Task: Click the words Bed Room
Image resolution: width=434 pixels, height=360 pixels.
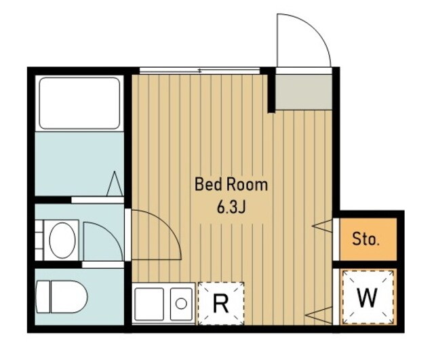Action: (231, 184)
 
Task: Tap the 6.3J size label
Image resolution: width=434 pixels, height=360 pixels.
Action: (231, 208)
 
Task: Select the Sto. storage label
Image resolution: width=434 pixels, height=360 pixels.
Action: (365, 239)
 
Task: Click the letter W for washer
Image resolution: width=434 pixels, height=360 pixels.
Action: (368, 298)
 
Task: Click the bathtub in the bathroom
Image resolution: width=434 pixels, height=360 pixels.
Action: (79, 103)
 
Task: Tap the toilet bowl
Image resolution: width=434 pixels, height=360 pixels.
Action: (68, 297)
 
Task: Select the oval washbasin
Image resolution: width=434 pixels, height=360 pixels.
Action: (62, 240)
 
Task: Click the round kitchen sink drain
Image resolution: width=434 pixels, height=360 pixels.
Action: (181, 304)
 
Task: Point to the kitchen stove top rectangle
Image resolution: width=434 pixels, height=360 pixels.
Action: (149, 304)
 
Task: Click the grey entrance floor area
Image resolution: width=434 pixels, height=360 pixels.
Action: (304, 92)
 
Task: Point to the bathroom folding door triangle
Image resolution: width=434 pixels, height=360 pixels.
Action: (115, 184)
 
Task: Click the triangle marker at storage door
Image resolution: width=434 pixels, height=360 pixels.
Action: (322, 226)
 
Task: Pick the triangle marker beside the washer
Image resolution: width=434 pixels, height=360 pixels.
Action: (319, 315)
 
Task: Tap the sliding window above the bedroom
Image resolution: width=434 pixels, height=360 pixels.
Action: (199, 71)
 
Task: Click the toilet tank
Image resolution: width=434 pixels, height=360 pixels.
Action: (43, 297)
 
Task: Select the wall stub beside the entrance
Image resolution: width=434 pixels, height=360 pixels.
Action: (271, 90)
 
